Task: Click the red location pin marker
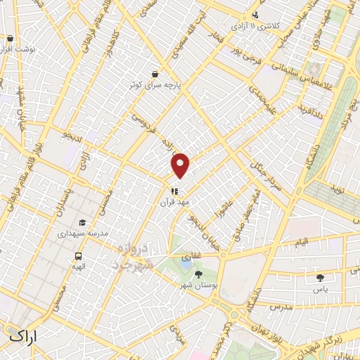181,166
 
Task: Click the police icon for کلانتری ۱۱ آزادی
255,14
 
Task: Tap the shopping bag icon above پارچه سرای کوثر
154,73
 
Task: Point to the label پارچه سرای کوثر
154,84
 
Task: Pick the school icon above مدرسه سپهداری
82,221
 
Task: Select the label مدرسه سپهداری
82,232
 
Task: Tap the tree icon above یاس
321,277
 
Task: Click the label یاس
321,288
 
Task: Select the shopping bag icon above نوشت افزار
9,39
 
